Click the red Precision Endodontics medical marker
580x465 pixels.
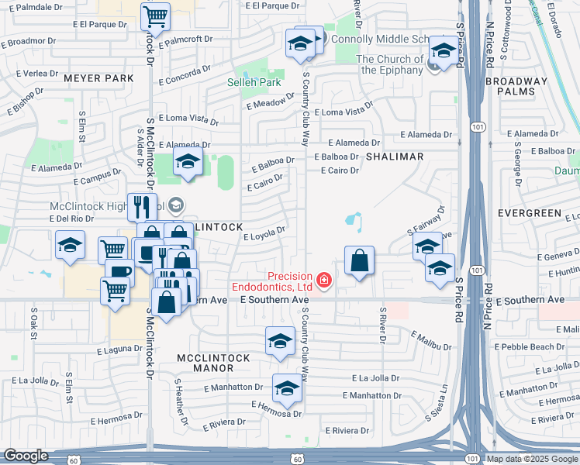pos(323,279)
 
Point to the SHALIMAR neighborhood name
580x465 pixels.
pos(395,157)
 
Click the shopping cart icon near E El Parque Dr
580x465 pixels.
pos(156,16)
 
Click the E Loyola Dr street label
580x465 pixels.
pos(265,233)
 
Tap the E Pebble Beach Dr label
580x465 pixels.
pos(535,346)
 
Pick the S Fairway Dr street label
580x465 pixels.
pos(426,222)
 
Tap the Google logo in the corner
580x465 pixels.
pos(26,456)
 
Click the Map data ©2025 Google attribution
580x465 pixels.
pos(532,459)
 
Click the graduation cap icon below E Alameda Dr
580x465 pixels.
pos(187,164)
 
